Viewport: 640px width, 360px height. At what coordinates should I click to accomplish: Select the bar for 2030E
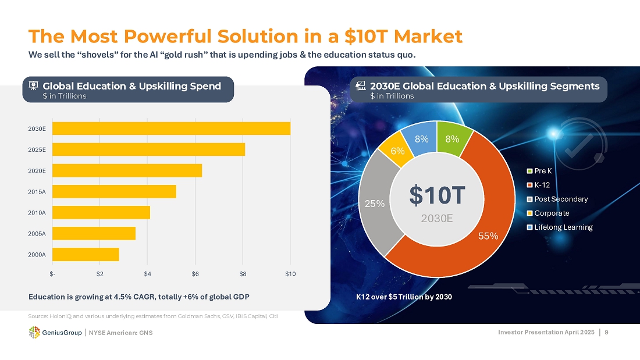pyautogui.click(x=172, y=129)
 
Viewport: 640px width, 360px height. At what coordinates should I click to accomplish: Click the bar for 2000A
pyautogui.click(x=86, y=255)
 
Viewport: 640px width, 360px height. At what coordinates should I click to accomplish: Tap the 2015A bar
pyautogui.click(x=115, y=191)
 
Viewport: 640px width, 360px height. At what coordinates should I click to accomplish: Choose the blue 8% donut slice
pyautogui.click(x=422, y=139)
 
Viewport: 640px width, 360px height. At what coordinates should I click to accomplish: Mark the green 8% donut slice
pyautogui.click(x=452, y=139)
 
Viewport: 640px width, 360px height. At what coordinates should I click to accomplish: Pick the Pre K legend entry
pyautogui.click(x=543, y=171)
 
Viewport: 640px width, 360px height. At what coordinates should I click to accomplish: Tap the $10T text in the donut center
pyautogui.click(x=436, y=196)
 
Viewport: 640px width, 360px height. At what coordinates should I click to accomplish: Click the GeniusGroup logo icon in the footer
pyautogui.click(x=34, y=332)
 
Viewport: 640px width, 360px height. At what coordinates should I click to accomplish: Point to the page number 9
pyautogui.click(x=607, y=332)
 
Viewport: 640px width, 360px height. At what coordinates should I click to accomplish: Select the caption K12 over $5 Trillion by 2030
pyautogui.click(x=404, y=297)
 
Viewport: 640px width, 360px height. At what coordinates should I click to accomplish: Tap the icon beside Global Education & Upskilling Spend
pyautogui.click(x=33, y=86)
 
